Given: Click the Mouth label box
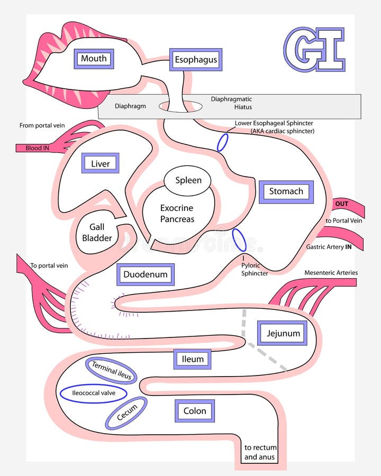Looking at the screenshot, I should [94, 59].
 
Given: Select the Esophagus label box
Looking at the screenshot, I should [196, 60].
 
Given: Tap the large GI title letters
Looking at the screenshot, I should [314, 49].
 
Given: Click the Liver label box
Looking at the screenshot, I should [100, 163].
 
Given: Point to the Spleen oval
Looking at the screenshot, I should [188, 180].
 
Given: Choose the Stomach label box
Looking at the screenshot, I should [286, 191].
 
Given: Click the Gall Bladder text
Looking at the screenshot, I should [97, 233].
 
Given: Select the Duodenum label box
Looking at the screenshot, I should [145, 274].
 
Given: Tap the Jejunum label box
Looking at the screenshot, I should [283, 333].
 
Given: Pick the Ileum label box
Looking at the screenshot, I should [193, 359].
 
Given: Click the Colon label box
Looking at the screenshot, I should [194, 411].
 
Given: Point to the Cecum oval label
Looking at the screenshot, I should [126, 413].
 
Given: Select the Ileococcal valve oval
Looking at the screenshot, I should [93, 393].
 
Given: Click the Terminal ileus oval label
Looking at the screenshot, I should [111, 371].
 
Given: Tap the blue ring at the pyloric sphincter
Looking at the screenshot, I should [239, 240].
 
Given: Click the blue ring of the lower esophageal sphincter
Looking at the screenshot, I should [223, 142].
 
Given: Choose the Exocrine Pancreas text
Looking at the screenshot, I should [177, 214].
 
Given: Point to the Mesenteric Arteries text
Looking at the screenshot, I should [331, 273].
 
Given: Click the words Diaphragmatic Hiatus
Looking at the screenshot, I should [231, 103].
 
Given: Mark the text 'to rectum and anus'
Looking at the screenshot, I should [260, 452].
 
